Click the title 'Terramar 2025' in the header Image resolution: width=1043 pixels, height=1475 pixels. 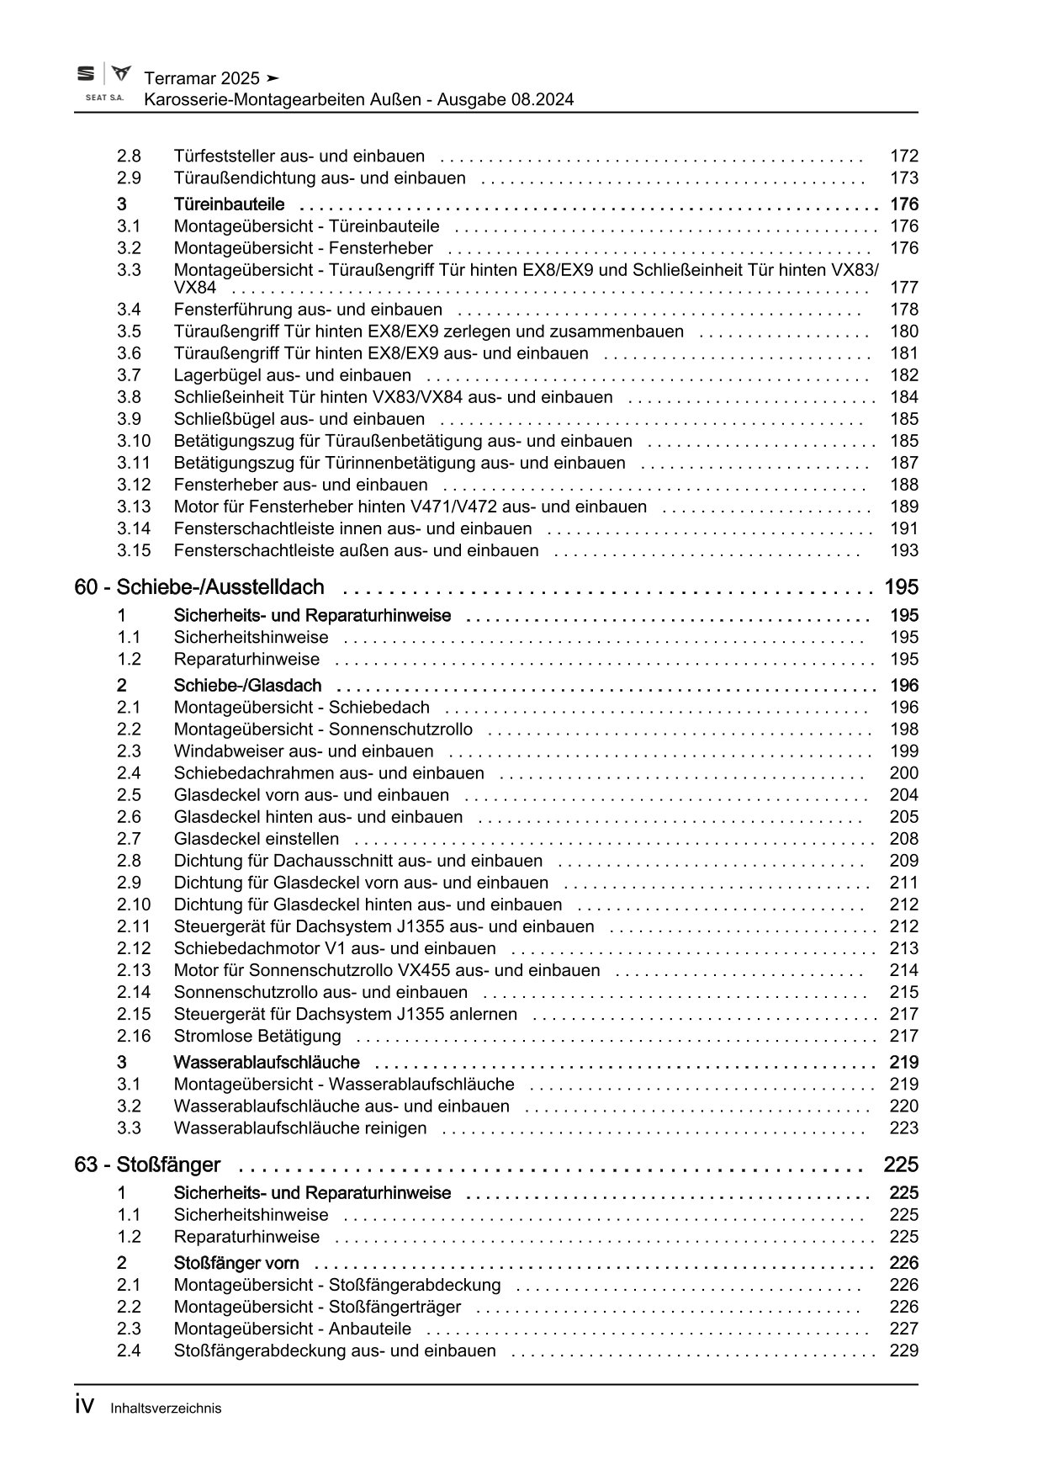click(202, 78)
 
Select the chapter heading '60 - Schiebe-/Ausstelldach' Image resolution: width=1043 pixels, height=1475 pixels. click(199, 587)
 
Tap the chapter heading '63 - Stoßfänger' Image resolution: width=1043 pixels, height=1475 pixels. click(147, 1165)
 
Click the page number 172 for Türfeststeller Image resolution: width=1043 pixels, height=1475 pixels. click(904, 156)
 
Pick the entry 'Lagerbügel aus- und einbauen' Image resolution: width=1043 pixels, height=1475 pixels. click(293, 375)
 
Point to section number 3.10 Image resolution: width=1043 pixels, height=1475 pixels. click(134, 441)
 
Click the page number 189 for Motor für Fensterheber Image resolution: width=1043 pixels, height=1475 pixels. click(904, 507)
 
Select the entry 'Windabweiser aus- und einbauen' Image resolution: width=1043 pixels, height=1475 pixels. click(304, 751)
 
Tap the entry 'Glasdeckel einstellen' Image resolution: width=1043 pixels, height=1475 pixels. click(257, 839)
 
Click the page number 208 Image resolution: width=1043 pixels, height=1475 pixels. click(904, 839)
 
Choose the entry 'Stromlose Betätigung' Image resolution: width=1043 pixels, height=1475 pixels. click(257, 1036)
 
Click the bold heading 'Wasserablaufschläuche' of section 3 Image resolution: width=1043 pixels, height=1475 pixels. click(267, 1063)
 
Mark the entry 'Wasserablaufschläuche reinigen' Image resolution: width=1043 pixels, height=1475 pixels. click(300, 1128)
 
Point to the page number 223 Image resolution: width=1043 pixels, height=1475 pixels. click(904, 1128)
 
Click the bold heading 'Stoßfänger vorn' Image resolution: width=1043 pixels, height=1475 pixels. click(236, 1263)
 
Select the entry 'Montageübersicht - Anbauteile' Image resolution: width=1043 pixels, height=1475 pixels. click(293, 1329)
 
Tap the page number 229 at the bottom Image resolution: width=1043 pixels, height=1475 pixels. click(904, 1350)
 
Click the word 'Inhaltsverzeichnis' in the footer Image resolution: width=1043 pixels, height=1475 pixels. click(166, 1408)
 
